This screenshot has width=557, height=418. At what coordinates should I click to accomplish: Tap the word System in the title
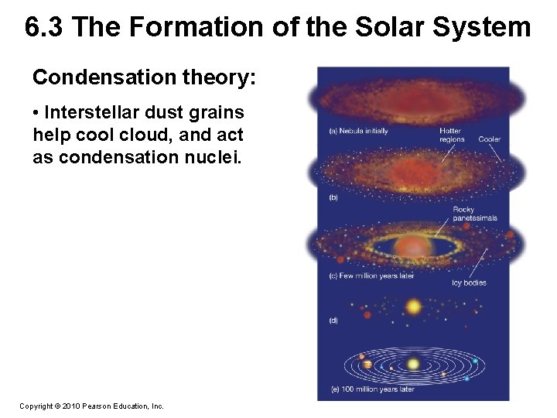point(483,28)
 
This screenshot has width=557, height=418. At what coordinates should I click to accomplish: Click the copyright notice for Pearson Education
point(91,406)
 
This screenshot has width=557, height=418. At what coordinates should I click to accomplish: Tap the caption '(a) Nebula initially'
point(359,131)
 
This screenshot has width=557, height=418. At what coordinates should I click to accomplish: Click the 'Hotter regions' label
point(452,135)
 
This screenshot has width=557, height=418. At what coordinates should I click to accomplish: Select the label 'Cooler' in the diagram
point(489,139)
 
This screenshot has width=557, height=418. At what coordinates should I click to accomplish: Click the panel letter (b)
point(334,197)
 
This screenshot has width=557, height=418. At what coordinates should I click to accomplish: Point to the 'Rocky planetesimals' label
point(475,214)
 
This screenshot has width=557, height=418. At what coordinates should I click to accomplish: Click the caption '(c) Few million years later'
point(371,276)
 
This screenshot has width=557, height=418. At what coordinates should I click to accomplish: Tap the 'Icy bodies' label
point(469,283)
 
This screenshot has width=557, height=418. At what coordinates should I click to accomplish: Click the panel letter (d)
point(334,320)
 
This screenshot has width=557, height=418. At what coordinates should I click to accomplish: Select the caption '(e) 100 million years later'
point(372,389)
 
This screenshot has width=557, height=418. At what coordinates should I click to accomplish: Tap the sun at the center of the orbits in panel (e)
point(413,364)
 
